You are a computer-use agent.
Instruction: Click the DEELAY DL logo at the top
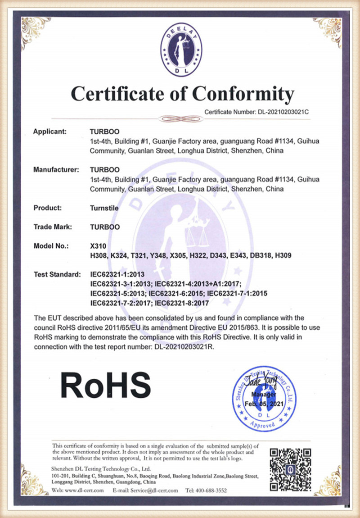[x=181, y=52]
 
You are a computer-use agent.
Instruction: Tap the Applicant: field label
[x=50, y=132]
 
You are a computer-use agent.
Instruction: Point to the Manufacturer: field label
[x=56, y=170]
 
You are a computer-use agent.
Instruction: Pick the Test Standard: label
[x=57, y=274]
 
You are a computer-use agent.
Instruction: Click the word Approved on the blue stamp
[x=263, y=424]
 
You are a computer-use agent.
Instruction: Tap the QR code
[x=290, y=468]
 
